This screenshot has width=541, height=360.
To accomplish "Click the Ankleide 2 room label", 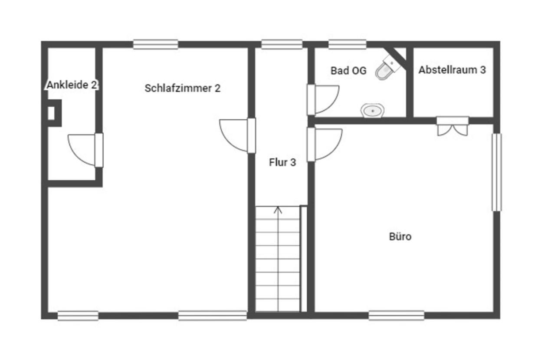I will point(72,85).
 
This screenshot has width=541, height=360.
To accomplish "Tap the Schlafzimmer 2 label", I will point(182,88).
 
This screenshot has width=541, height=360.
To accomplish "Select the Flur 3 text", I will point(282,163).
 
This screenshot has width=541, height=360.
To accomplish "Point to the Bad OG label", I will point(348,71).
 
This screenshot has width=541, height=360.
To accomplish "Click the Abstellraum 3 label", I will point(452,70).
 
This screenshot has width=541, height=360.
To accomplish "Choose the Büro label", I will point(400,237).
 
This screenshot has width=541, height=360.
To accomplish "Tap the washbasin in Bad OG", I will point(372,111).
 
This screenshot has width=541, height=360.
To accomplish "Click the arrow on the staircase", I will point(278,210).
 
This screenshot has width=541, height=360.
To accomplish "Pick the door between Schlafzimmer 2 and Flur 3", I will point(236,135).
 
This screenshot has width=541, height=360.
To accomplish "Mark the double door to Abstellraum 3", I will point(452,126).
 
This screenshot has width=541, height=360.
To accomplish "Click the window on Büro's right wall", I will point(496,172).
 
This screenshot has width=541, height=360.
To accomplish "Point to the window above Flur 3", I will point(282,44).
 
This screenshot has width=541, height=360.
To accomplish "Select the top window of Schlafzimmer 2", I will point(155,44).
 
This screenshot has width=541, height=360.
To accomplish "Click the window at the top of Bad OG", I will point(347,44).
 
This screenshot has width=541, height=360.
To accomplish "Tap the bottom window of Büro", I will point(396,315).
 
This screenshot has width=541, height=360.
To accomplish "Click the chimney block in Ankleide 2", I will point(53,113).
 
